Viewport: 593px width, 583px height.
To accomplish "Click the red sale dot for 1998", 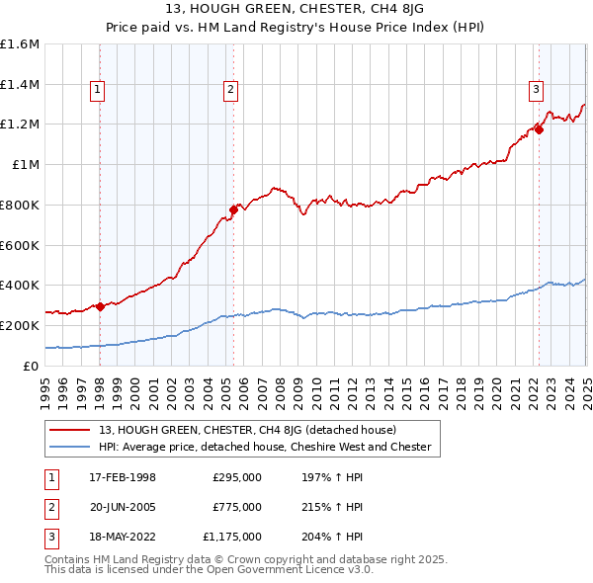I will pyautogui.click(x=100, y=306).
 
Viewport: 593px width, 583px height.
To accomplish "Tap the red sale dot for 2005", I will pyautogui.click(x=233, y=209).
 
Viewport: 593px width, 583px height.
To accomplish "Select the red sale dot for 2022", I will pyautogui.click(x=540, y=129).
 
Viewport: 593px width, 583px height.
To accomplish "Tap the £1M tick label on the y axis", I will pyautogui.click(x=27, y=165).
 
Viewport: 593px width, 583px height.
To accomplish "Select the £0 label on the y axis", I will pyautogui.click(x=32, y=366).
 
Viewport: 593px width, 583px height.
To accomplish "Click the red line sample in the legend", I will pyautogui.click(x=71, y=430).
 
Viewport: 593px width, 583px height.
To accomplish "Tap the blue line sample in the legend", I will pyautogui.click(x=71, y=447).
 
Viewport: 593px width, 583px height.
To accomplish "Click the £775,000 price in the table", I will pyautogui.click(x=237, y=507).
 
